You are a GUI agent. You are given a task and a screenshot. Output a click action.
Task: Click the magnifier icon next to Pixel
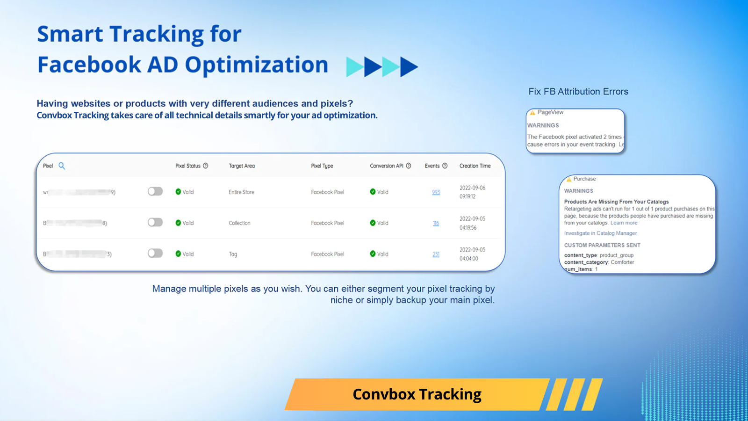[x=62, y=166]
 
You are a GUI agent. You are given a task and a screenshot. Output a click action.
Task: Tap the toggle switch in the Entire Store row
[x=155, y=191]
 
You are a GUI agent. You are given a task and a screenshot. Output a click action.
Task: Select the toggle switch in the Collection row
[x=155, y=222]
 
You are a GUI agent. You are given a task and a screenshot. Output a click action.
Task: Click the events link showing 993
[x=436, y=192]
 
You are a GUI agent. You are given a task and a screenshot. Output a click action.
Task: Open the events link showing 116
[x=436, y=223]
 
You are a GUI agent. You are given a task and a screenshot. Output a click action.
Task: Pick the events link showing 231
[x=436, y=254]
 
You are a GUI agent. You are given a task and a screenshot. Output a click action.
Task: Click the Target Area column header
[x=242, y=166]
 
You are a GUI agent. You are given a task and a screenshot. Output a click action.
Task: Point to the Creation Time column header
[x=475, y=166]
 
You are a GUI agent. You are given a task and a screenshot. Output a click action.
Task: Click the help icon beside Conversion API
[x=409, y=166]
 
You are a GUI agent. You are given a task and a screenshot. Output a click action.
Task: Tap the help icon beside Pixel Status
[x=206, y=166]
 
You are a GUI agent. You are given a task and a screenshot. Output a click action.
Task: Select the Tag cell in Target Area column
[x=233, y=254]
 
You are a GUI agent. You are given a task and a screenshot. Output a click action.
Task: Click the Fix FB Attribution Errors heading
[x=578, y=92]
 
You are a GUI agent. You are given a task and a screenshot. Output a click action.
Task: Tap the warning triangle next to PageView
[x=532, y=113]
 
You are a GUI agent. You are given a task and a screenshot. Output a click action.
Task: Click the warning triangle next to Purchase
[x=569, y=179]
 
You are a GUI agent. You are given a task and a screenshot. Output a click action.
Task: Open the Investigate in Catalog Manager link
[x=600, y=233]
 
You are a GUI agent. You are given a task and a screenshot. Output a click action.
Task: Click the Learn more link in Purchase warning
[x=624, y=223]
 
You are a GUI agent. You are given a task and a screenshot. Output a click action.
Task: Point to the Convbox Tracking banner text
[x=417, y=394]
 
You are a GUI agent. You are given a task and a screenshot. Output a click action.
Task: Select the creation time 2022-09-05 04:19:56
[x=472, y=223]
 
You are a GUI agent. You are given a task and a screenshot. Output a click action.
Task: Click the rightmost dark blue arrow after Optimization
[x=408, y=67]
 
